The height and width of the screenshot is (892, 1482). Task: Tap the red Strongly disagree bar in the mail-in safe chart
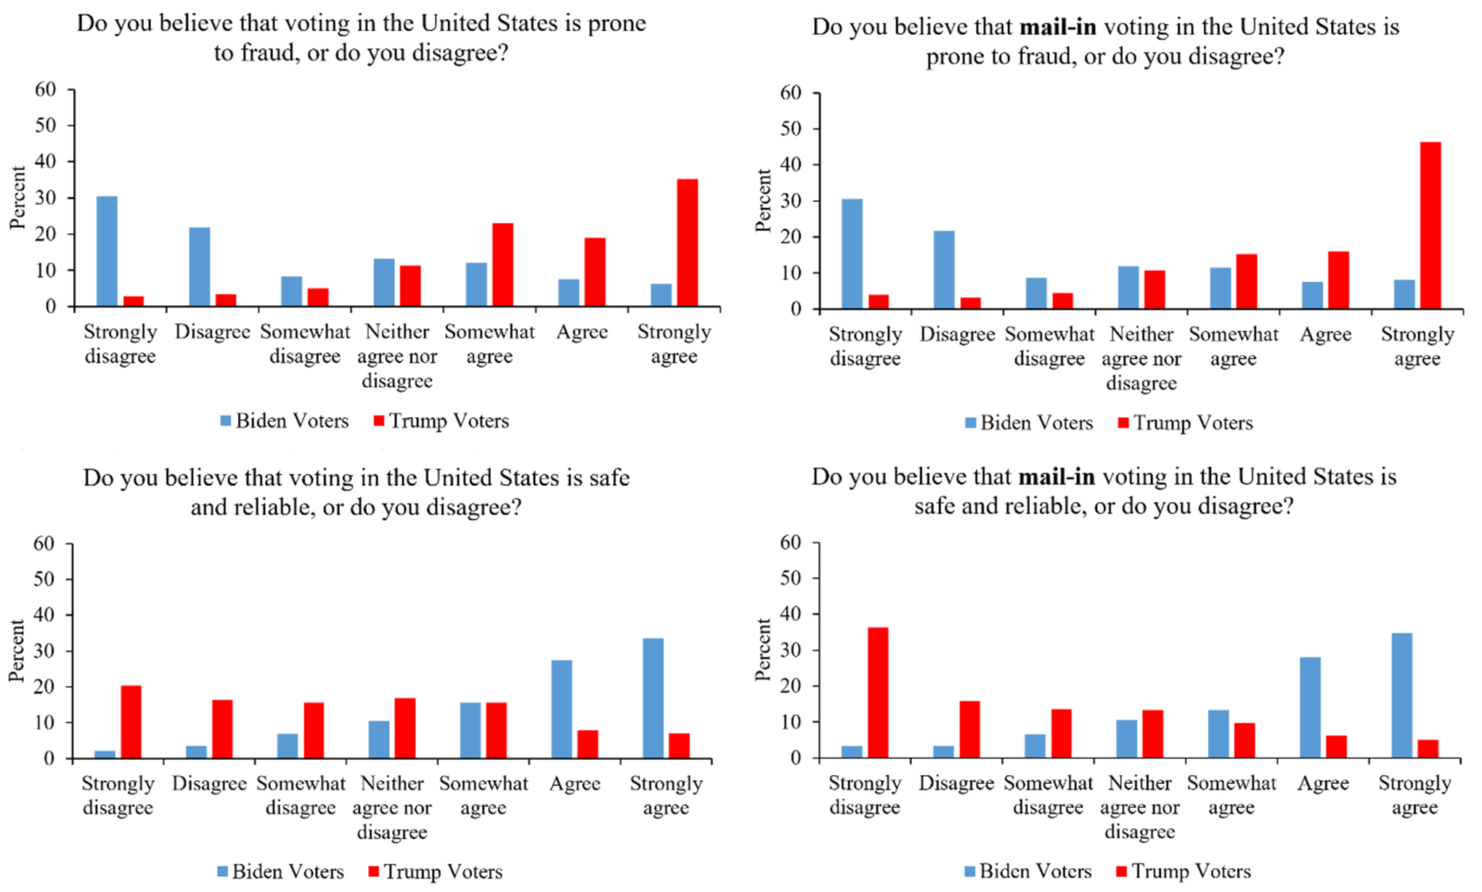(877, 692)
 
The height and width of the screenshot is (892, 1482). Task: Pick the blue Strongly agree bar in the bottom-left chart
(653, 698)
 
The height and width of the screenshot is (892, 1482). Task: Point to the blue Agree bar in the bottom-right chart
(1310, 707)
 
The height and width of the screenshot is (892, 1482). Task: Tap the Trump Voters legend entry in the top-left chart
(441, 421)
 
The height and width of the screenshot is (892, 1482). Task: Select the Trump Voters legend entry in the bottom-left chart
(435, 872)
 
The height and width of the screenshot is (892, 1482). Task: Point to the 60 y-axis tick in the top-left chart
(45, 90)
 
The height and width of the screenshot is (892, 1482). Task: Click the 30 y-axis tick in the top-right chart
(790, 201)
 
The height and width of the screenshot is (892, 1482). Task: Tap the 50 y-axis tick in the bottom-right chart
(790, 578)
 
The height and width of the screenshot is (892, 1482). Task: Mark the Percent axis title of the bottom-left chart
(16, 651)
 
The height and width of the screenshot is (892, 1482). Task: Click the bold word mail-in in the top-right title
(1057, 27)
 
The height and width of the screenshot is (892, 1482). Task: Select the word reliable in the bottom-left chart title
(274, 507)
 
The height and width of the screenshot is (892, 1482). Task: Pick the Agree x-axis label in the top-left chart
(582, 332)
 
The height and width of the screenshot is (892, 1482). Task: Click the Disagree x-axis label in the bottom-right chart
(956, 783)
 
